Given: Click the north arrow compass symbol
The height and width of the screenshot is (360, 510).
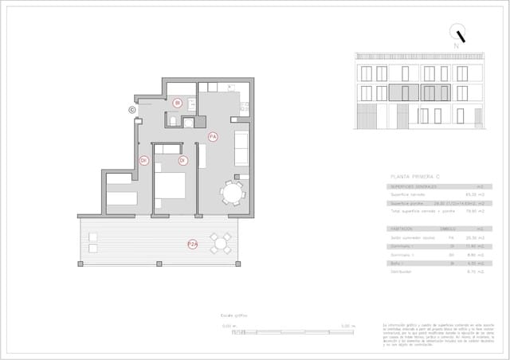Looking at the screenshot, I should point(457,34).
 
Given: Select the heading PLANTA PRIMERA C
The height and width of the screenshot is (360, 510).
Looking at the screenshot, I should point(418,176).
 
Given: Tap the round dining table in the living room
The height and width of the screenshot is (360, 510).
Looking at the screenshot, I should point(233,193).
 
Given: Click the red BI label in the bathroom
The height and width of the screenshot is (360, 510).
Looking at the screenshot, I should point(178,103).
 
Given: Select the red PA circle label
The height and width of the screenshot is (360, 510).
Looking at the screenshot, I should point(213,137).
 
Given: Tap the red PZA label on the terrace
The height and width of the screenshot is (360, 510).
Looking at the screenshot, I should point(192,244).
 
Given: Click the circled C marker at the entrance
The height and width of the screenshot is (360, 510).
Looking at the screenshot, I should point(132,110).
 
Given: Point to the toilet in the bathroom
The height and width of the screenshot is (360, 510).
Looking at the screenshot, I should point(173,120).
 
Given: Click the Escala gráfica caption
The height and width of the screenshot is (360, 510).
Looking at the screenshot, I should point(234,315).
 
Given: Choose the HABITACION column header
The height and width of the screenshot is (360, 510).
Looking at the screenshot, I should point(402,229).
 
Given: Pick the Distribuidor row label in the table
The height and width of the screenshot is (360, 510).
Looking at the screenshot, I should point(401,271).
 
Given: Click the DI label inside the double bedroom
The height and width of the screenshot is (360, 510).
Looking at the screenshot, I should point(182,160).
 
